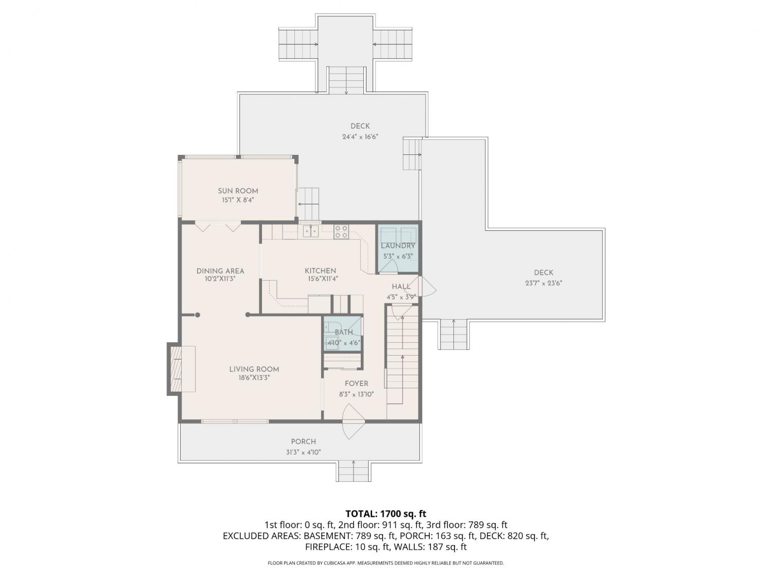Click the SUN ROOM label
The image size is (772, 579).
click(238, 191)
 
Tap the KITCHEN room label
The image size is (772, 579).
click(320, 271)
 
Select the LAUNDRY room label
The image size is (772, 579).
click(398, 245)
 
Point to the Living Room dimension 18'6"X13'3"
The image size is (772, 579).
click(254, 378)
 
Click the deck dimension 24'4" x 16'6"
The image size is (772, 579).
click(360, 137)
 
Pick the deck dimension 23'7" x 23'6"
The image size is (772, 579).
click(543, 283)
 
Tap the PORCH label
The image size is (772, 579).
click(303, 442)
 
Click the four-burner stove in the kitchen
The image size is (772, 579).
click(341, 232)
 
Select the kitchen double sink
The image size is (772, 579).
click(311, 232)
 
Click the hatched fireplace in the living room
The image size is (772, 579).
click(175, 369)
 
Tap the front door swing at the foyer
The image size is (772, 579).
click(354, 422)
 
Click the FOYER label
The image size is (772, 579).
click(356, 383)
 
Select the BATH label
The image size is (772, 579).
click(344, 332)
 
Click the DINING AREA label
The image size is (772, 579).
click(220, 271)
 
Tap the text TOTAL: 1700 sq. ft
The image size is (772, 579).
click(386, 514)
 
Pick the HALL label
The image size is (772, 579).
click(401, 287)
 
